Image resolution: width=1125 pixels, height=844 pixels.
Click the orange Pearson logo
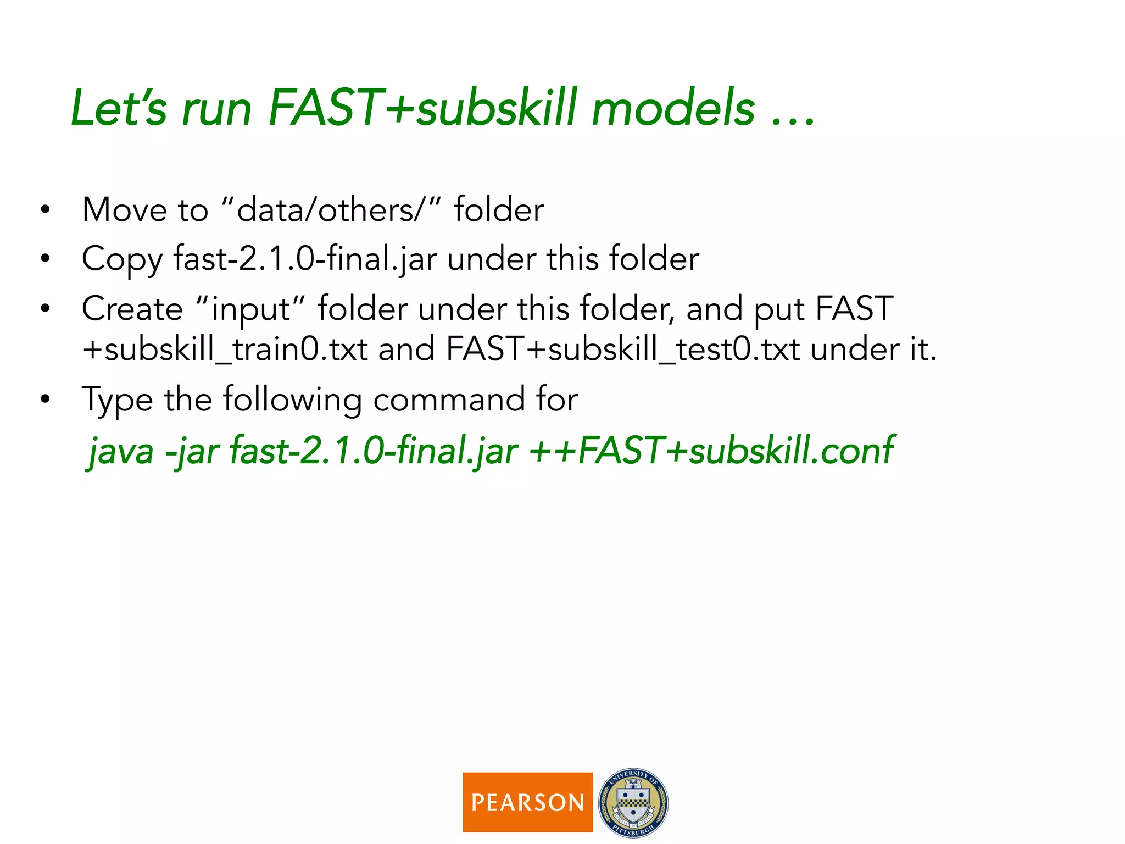tap(527, 802)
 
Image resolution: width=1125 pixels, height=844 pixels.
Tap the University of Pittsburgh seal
tap(633, 802)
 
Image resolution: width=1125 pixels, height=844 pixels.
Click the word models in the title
tap(673, 108)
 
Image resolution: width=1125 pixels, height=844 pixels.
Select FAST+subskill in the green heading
tap(423, 108)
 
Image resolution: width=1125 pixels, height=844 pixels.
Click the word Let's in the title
tap(119, 108)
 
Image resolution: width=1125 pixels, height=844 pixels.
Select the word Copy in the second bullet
tap(122, 259)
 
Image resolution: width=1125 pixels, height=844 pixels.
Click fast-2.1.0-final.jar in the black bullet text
tap(305, 258)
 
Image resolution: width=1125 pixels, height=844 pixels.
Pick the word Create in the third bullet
tap(132, 309)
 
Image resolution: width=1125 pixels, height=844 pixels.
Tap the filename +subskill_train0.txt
tap(225, 349)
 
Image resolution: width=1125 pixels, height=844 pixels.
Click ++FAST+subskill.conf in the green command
tap(711, 451)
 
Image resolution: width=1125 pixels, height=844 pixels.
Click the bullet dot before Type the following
tap(45, 399)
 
